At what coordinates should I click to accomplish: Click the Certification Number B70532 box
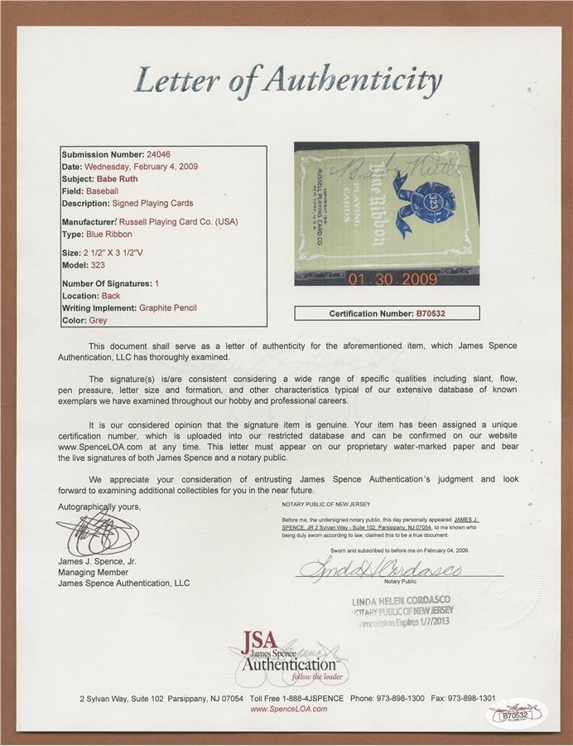[388, 313]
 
